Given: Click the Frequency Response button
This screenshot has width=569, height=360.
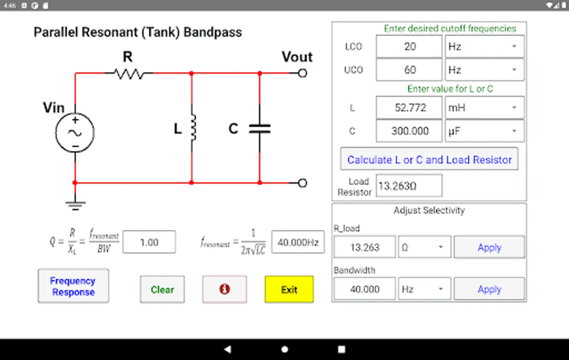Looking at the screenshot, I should tap(73, 286).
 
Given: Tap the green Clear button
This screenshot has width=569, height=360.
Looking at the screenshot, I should tap(162, 289).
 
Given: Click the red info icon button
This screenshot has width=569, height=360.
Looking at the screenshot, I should tap(224, 289).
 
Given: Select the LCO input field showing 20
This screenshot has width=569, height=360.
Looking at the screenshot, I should tap(409, 46).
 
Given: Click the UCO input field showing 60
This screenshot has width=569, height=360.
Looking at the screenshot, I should tap(409, 70).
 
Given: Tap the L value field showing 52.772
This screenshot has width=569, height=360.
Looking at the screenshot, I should tap(409, 108).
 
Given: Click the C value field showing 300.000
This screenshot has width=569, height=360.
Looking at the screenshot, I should tap(409, 131).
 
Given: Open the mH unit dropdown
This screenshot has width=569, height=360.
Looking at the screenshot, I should tap(484, 108).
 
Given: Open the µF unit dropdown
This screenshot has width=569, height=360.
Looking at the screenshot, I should tap(484, 131).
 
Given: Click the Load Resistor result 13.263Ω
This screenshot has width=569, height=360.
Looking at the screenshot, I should tap(409, 186).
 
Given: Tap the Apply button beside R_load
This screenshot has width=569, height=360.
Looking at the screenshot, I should tap(489, 247).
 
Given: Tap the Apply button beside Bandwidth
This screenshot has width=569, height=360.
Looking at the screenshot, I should tap(489, 289).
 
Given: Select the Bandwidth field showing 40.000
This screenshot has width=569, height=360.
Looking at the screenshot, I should tap(365, 289).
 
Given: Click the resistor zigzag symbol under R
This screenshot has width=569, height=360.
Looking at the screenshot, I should tap(128, 74).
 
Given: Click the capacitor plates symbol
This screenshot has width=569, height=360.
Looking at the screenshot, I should tap(260, 128).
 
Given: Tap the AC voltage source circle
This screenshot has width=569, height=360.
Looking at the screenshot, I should tap(75, 133).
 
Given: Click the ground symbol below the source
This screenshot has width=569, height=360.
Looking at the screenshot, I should tap(75, 206).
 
